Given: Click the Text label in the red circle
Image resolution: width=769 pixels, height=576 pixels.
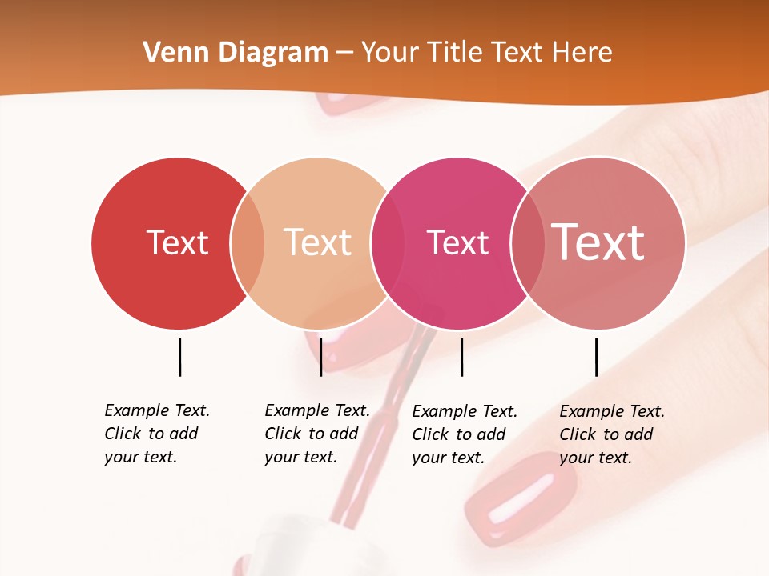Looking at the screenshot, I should pyautogui.click(x=177, y=242).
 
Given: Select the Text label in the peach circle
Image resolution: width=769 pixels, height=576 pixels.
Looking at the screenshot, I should pyautogui.click(x=317, y=242).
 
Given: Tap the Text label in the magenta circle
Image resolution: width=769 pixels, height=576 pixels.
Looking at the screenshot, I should pyautogui.click(x=457, y=242).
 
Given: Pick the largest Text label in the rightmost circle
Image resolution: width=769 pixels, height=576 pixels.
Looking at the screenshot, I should pyautogui.click(x=598, y=242).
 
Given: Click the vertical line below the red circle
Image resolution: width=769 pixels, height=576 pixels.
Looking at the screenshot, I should pyautogui.click(x=179, y=357).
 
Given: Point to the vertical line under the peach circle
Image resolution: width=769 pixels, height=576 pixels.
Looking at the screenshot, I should pyautogui.click(x=320, y=357).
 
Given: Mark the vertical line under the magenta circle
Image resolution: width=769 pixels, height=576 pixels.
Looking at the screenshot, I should pyautogui.click(x=461, y=357).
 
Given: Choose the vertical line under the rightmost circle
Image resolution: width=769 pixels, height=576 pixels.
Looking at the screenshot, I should pyautogui.click(x=596, y=357).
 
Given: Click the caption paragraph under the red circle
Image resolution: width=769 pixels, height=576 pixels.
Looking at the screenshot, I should pyautogui.click(x=156, y=434).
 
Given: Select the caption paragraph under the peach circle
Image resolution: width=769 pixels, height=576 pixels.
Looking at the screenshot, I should pyautogui.click(x=316, y=434).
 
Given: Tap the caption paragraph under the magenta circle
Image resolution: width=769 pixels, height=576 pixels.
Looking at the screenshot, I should pyautogui.click(x=464, y=434).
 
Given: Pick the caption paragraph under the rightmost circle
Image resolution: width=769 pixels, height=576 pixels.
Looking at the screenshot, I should pyautogui.click(x=611, y=434).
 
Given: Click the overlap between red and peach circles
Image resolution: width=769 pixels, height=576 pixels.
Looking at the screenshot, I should pyautogui.click(x=248, y=244).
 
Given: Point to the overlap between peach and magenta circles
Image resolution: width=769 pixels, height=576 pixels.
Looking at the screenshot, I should pyautogui.click(x=388, y=244).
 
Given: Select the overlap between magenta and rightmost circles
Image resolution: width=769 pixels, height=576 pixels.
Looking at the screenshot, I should pyautogui.click(x=528, y=244).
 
